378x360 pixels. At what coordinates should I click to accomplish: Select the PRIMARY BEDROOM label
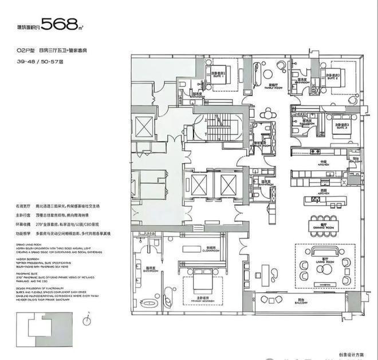tap(198, 299)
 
